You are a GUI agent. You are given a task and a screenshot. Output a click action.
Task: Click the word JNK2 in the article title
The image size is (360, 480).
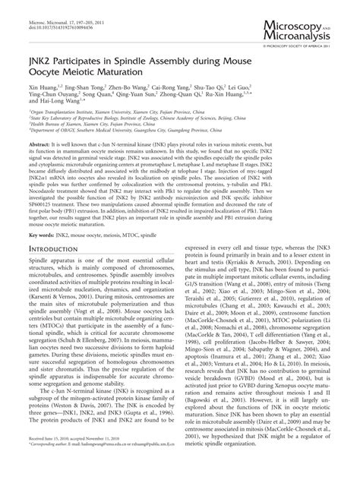click(43, 73)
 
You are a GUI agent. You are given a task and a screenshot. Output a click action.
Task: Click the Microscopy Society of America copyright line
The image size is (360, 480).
click(303, 45)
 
